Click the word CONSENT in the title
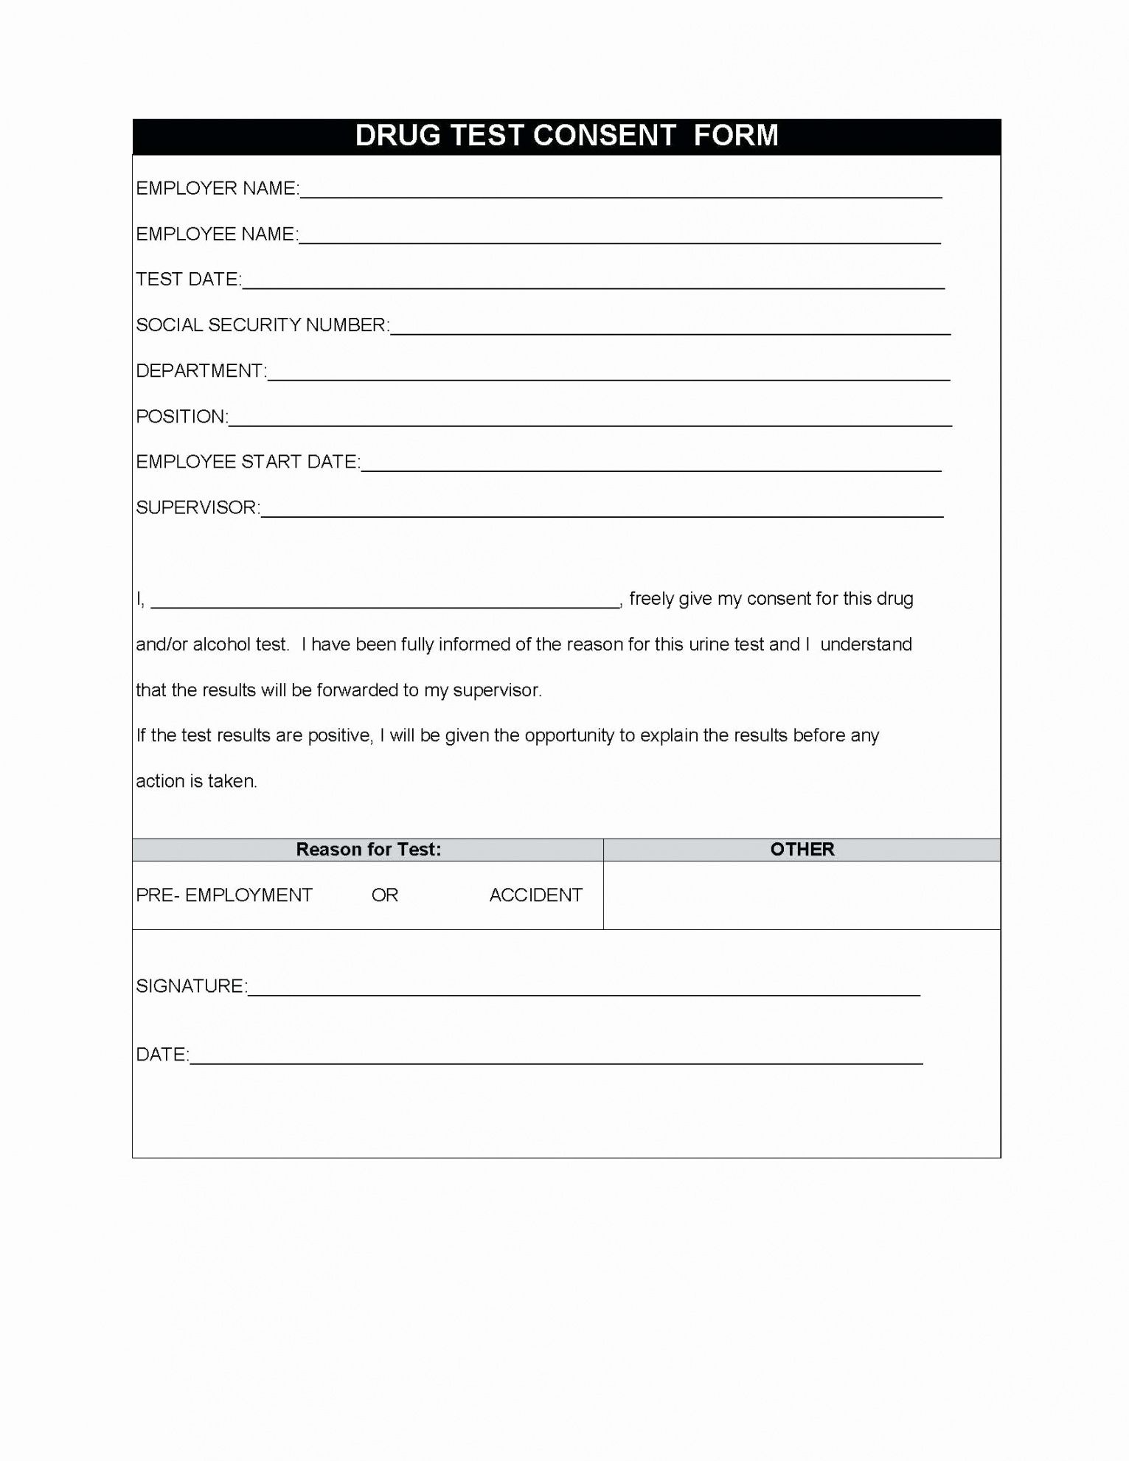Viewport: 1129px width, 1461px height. coord(604,136)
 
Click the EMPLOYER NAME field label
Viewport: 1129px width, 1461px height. coord(217,189)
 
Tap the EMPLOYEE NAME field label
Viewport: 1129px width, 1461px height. coord(216,235)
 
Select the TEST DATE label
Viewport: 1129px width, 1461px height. coord(188,280)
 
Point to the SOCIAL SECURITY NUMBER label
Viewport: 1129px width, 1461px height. coord(262,325)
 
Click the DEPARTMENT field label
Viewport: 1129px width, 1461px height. coord(201,371)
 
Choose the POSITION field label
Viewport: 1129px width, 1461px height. coord(181,417)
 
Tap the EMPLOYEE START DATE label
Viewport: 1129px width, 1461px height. coord(248,462)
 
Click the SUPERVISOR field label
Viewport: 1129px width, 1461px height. coord(198,507)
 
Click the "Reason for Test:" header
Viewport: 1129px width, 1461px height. coord(368,850)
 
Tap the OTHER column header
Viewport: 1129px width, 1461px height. coord(802,850)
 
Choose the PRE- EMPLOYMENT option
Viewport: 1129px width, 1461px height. coord(224,895)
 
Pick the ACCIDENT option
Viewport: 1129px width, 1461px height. coord(536,895)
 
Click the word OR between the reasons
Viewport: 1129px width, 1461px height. coord(384,895)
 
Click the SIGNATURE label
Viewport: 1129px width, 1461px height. coord(191,986)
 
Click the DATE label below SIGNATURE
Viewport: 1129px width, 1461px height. coord(161,1055)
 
